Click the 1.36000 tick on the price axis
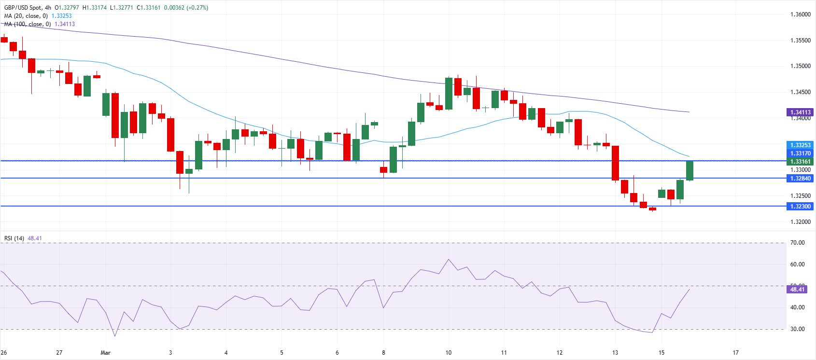tap(800, 14)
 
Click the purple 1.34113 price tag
tap(800, 112)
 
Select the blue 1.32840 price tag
tap(800, 179)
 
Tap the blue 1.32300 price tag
tap(800, 207)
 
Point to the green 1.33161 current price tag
tap(800, 162)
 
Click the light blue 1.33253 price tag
tap(800, 145)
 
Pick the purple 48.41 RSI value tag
tap(797, 290)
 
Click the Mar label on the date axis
tap(106, 353)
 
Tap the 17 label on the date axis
tap(735, 353)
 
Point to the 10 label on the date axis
tap(449, 353)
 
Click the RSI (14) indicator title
tap(14, 238)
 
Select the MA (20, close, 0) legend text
tap(27, 16)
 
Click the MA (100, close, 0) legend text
tap(28, 24)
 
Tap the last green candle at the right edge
tap(690, 170)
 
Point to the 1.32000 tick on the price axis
tap(800, 222)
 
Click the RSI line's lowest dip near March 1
tap(115, 336)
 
